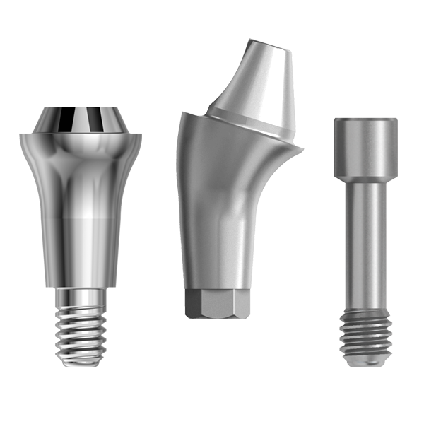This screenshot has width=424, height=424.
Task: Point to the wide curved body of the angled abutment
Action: [x=219, y=212]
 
